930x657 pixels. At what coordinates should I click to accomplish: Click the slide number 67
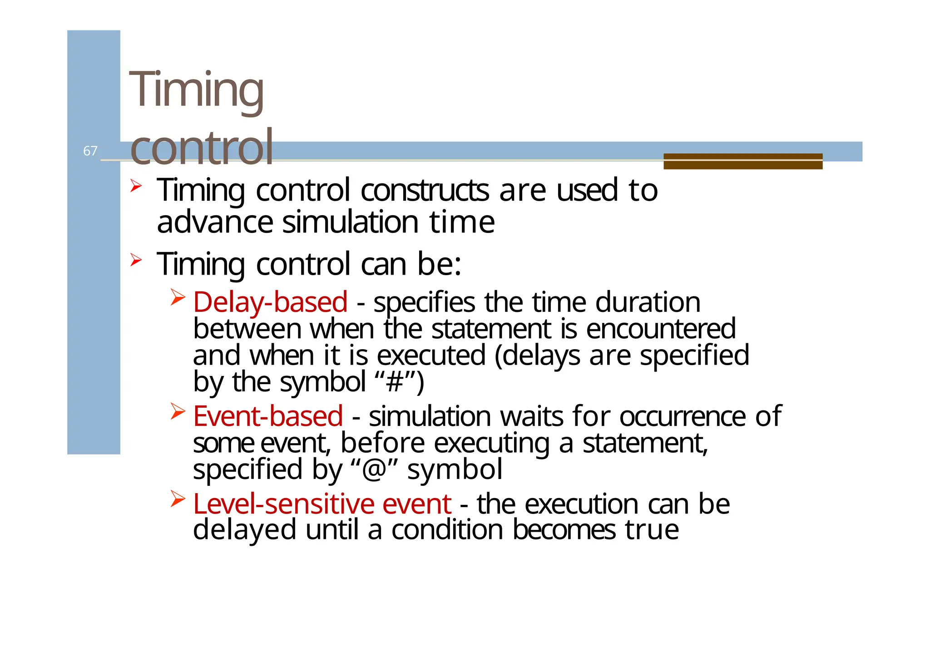(x=90, y=151)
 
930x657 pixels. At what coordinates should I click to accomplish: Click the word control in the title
(x=202, y=147)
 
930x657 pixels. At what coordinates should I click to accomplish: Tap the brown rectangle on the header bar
(x=742, y=161)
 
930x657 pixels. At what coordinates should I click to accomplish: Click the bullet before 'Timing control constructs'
(x=136, y=186)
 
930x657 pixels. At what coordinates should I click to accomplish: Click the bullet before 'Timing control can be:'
(x=136, y=260)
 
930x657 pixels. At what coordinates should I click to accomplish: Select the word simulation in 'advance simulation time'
(x=350, y=222)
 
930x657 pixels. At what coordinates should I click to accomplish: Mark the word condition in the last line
(x=447, y=530)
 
